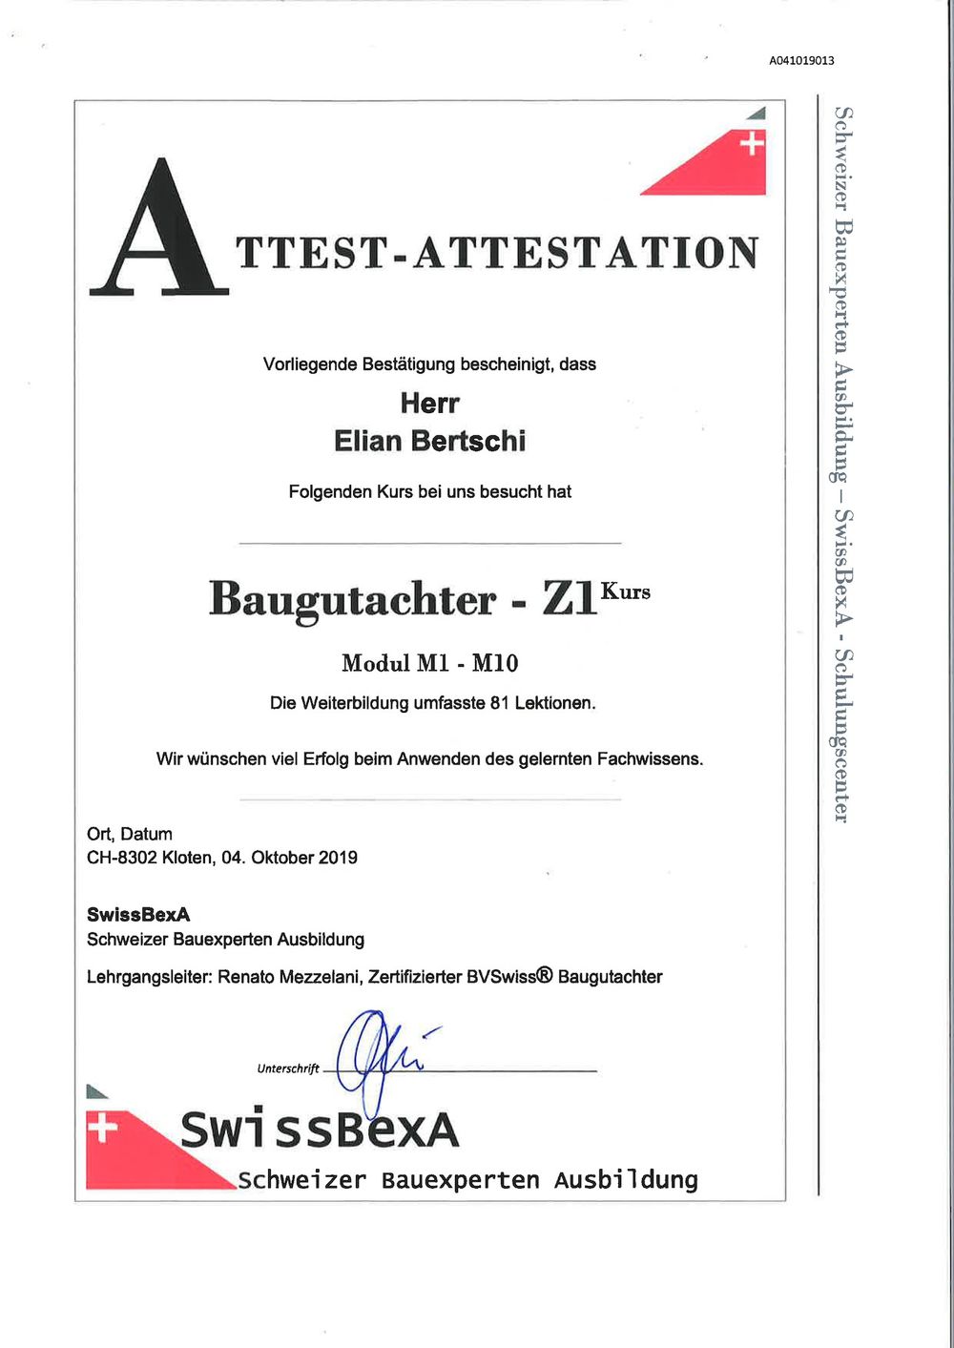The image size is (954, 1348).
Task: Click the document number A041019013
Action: click(801, 60)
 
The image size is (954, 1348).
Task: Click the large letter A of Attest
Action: click(158, 230)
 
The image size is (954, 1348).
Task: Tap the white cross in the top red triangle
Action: click(753, 144)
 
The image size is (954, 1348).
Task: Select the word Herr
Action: click(429, 404)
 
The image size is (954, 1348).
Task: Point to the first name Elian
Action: click(368, 442)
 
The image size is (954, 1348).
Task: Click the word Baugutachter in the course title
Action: click(353, 599)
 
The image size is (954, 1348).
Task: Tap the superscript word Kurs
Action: click(625, 591)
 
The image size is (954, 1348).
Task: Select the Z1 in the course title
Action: click(569, 599)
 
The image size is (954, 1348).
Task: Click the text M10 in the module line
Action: click(495, 663)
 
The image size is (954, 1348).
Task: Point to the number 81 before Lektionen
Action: click(499, 704)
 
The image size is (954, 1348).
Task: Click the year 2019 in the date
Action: click(338, 858)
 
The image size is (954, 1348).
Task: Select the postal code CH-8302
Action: click(122, 858)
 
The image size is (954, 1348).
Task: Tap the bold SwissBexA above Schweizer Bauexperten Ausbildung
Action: click(138, 915)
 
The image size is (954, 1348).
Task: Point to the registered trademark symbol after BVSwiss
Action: click(545, 976)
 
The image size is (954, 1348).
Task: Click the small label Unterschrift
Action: click(288, 1068)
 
